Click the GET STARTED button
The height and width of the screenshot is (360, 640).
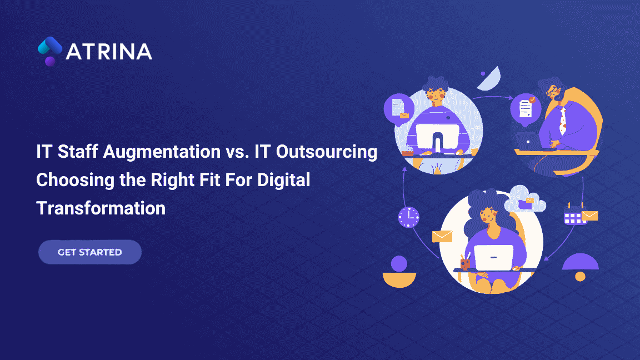tap(90, 252)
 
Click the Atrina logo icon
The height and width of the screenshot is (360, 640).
tap(50, 51)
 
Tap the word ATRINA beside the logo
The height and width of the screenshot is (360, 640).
tap(109, 52)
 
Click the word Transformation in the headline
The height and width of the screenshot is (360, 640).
tap(101, 208)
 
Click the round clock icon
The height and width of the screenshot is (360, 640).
tap(408, 217)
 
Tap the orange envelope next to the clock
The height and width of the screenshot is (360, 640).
tap(442, 236)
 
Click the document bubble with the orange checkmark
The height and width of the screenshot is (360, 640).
tap(526, 108)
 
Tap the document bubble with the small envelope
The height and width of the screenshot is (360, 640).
tap(399, 107)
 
